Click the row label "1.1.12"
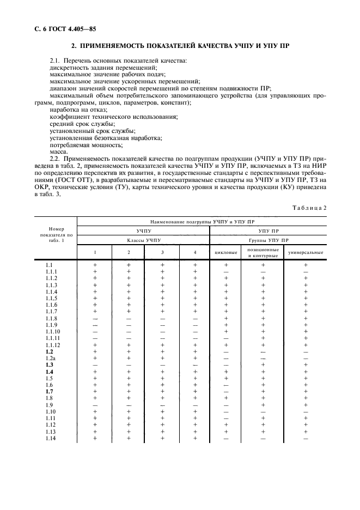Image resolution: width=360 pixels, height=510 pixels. click(x=53, y=345)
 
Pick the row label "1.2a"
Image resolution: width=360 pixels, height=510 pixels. click(x=51, y=359)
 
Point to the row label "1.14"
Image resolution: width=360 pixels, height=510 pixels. click(x=51, y=439)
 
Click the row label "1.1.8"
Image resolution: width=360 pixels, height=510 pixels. click(x=52, y=318)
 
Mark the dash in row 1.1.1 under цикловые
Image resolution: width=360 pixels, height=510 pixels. click(x=225, y=271)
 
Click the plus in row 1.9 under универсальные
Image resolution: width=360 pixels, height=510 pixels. click(x=306, y=405)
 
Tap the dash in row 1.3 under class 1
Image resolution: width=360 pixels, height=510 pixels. click(x=95, y=365)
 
